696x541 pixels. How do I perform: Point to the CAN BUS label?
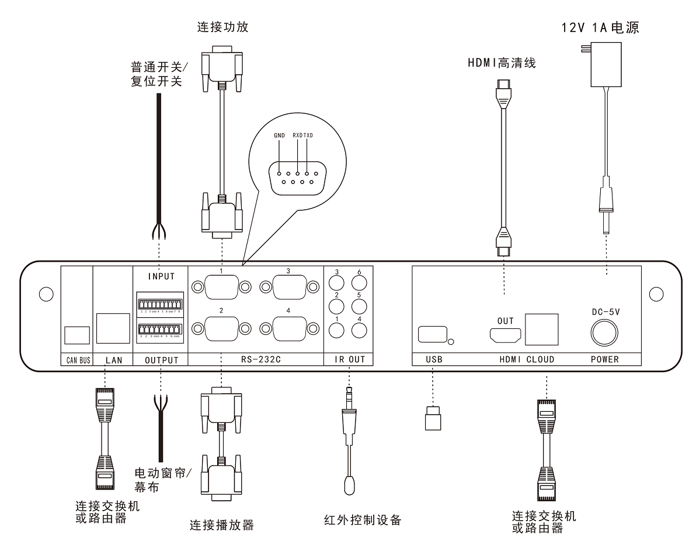pos(76,360)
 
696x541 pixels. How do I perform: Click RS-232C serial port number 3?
pos(288,286)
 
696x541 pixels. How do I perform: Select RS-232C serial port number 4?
pos(288,330)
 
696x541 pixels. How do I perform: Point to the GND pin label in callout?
pos(279,136)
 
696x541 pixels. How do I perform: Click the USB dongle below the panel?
pos(433,418)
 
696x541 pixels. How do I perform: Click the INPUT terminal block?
pos(159,304)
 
